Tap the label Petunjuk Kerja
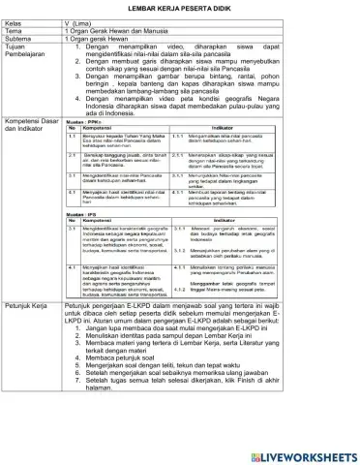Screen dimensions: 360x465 [33, 358]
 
